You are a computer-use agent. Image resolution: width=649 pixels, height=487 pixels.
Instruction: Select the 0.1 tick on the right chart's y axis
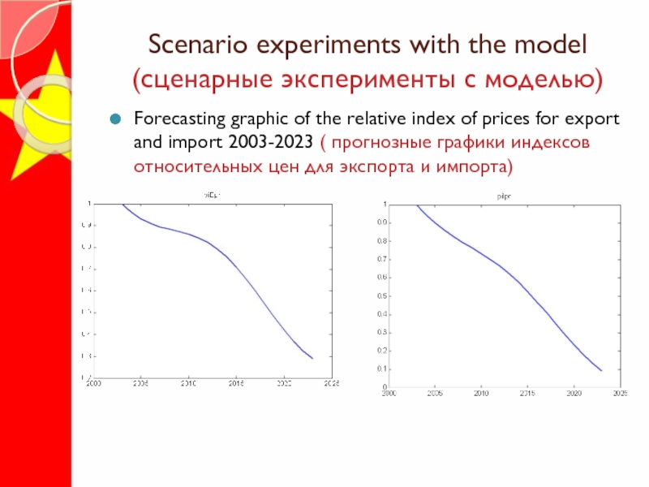click(381, 369)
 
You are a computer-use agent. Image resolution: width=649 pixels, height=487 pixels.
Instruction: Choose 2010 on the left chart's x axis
click(188, 383)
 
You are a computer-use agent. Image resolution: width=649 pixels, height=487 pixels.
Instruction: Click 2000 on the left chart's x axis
click(94, 383)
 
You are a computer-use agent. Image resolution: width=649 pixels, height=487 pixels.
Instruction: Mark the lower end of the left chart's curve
click(312, 358)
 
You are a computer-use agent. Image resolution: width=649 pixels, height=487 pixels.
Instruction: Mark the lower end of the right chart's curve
click(602, 371)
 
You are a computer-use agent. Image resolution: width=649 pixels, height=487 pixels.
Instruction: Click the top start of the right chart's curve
click(416, 205)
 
